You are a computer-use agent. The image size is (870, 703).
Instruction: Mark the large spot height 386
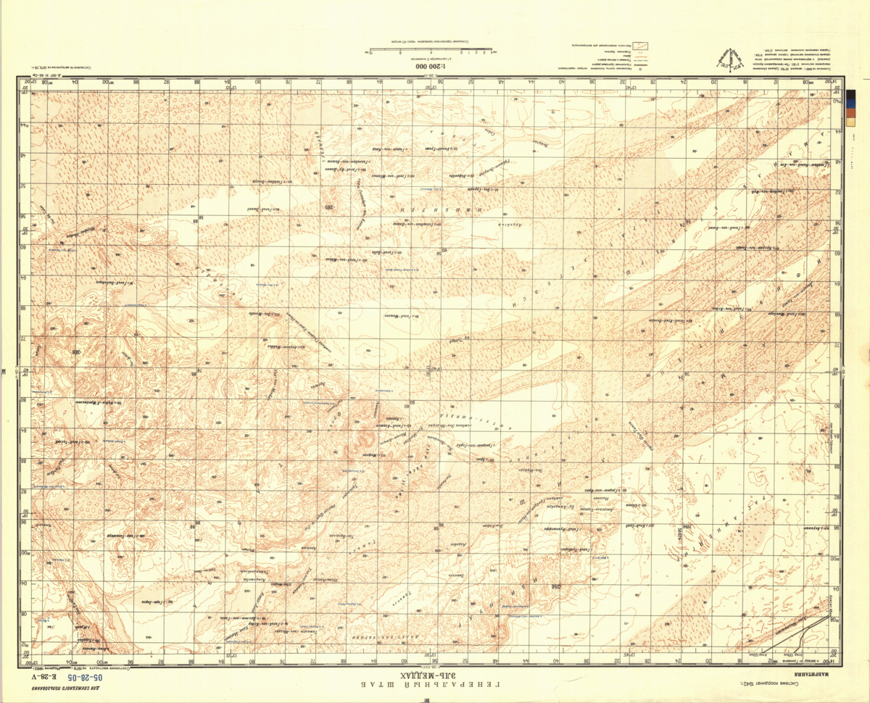pos(73,352)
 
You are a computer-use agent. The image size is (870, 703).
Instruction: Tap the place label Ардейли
pos(512,225)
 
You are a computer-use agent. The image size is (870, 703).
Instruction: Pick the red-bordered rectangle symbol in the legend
pos(641,45)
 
